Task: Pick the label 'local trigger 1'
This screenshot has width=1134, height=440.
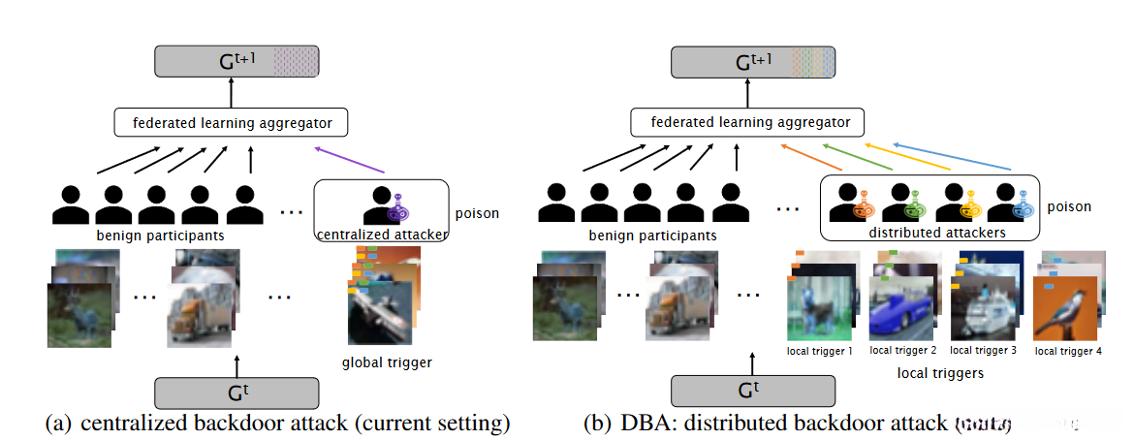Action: pyautogui.click(x=820, y=351)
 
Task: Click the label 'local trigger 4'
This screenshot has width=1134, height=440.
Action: pyautogui.click(x=1067, y=351)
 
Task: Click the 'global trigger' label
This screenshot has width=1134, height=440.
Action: pyautogui.click(x=386, y=363)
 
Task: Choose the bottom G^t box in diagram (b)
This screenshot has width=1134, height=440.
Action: pyautogui.click(x=752, y=393)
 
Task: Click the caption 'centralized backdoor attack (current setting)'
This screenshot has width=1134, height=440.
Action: pyautogui.click(x=295, y=424)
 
